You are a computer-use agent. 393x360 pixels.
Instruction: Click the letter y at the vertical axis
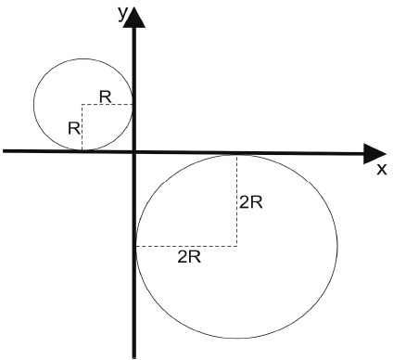click(122, 15)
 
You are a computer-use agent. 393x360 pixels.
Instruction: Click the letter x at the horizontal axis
click(382, 170)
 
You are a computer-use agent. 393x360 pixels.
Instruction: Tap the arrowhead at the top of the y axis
click(134, 18)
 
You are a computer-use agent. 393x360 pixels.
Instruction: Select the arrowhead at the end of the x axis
click(374, 154)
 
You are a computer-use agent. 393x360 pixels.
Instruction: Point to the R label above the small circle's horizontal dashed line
click(106, 97)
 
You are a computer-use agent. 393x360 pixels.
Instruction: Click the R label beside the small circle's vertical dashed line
click(74, 128)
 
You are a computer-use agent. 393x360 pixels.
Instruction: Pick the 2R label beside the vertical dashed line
click(251, 203)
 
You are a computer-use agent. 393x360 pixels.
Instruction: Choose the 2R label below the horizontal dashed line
click(189, 257)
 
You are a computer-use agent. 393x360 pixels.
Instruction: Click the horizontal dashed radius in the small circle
click(108, 105)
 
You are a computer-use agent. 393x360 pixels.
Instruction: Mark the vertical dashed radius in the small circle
click(82, 127)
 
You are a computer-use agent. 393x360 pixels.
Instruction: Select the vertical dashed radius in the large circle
click(237, 200)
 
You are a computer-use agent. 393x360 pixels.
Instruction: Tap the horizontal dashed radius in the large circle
click(186, 246)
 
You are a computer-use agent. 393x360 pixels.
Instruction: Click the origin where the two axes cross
click(134, 151)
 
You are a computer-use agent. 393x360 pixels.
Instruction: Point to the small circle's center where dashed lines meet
click(82, 105)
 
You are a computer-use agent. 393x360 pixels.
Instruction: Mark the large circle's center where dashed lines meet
click(237, 246)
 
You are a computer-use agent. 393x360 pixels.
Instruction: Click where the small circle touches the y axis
click(133, 105)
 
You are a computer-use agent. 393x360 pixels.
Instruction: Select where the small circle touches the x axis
click(82, 150)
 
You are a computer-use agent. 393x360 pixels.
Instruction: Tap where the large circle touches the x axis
click(237, 154)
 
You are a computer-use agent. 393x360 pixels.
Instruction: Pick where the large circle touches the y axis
click(136, 246)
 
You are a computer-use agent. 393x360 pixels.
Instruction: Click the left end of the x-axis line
click(4, 150)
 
